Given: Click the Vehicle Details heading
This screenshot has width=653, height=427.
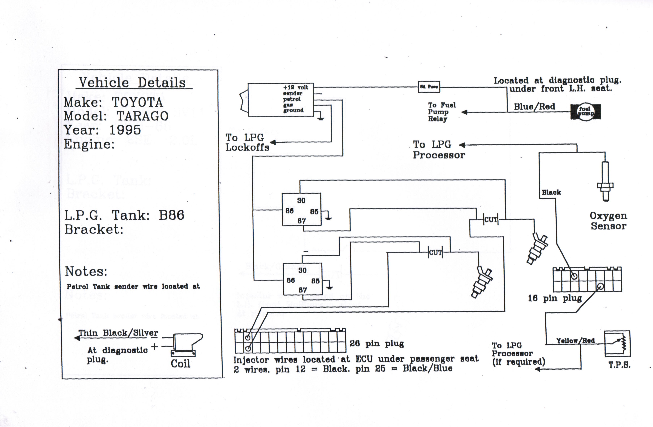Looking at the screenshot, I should pyautogui.click(x=132, y=82).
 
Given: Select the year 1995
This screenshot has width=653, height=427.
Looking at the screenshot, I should pyautogui.click(x=125, y=130).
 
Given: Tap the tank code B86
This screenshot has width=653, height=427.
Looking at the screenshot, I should pyautogui.click(x=171, y=215).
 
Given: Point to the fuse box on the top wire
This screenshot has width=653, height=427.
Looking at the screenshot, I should pyautogui.click(x=429, y=87).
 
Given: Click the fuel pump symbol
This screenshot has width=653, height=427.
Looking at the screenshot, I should pyautogui.click(x=586, y=112).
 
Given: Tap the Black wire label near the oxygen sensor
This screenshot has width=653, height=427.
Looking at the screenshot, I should pyautogui.click(x=551, y=192).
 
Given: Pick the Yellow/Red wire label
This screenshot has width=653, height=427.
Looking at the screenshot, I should pyautogui.click(x=575, y=341).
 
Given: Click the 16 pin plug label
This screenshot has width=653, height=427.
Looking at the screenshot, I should pyautogui.click(x=555, y=298).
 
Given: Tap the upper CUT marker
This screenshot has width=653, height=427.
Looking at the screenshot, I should pyautogui.click(x=491, y=220).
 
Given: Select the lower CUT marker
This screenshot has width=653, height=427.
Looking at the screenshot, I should pyautogui.click(x=435, y=252).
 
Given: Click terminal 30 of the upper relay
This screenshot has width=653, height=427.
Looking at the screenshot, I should pyautogui.click(x=301, y=200).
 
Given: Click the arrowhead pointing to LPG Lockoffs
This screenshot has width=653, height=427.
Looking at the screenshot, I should pyautogui.click(x=273, y=142).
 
